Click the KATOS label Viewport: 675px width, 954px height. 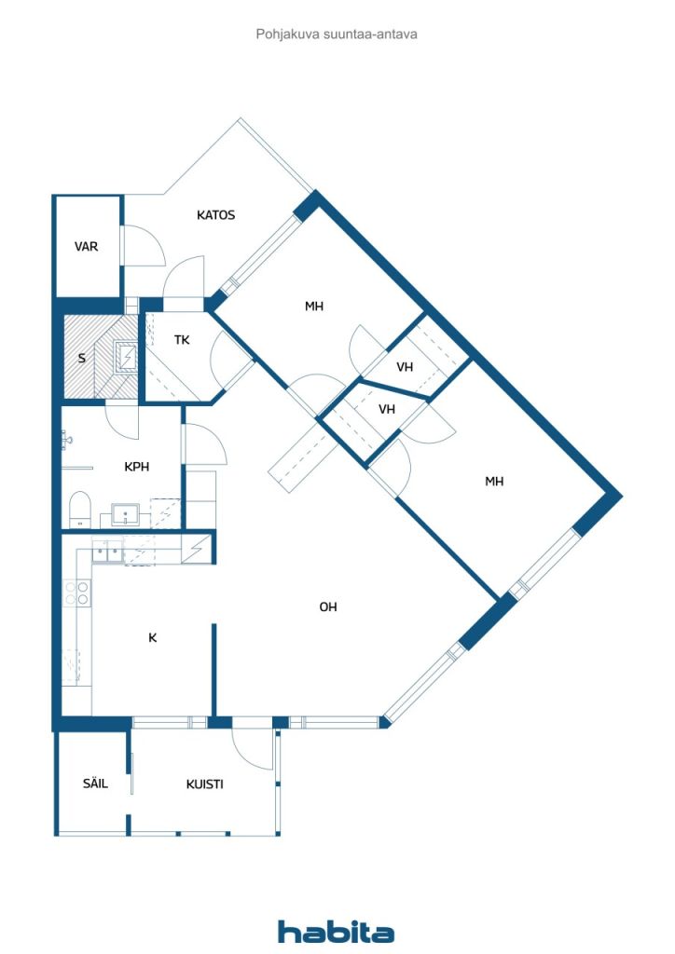[x=215, y=215]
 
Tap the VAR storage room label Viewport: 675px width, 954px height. [x=87, y=247]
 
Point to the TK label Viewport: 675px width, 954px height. [x=182, y=340]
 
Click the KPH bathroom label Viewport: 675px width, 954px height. [x=137, y=468]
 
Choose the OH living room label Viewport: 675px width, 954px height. [x=328, y=607]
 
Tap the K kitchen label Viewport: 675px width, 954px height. [x=153, y=638]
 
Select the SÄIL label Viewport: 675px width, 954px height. [x=95, y=784]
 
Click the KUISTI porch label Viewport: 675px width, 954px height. [x=204, y=784]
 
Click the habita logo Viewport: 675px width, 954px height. [x=337, y=932]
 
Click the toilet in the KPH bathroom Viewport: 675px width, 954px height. [x=80, y=508]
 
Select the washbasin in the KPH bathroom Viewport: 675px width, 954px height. [x=124, y=513]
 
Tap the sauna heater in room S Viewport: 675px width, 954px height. [x=125, y=357]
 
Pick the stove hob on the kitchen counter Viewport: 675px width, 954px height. [x=76, y=593]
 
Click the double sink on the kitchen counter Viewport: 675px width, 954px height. [x=104, y=552]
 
